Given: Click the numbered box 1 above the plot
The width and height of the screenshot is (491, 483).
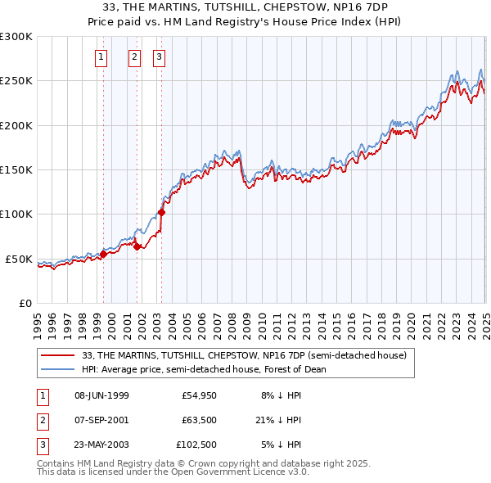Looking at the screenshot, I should [x=101, y=57].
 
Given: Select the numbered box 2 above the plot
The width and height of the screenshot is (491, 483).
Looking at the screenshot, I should [x=134, y=57].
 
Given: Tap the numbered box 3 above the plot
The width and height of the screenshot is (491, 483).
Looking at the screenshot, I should [x=158, y=57].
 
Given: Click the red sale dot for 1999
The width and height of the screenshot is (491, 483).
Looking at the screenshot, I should [x=103, y=254].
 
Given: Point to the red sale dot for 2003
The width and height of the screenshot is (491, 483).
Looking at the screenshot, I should [x=161, y=212].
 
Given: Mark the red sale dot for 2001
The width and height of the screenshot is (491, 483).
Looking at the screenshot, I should [x=137, y=246].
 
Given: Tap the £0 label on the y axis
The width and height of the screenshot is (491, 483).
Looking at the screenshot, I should [x=25, y=303].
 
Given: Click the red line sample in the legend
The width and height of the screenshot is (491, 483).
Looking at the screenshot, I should [x=58, y=355].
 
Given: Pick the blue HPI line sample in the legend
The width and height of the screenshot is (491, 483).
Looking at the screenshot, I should [x=58, y=369].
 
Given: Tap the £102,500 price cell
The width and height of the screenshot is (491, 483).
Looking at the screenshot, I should [x=196, y=446].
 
